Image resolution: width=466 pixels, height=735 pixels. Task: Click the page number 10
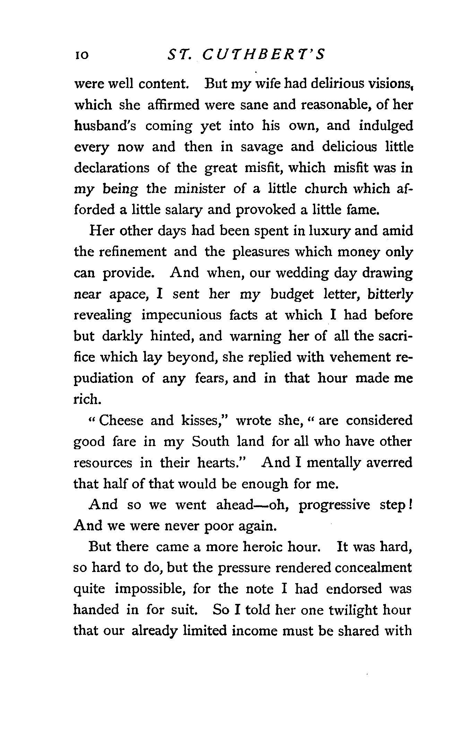[x=81, y=55]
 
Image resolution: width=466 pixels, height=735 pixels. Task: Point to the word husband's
[x=105, y=126]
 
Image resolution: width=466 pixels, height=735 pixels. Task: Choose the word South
[x=210, y=442]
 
